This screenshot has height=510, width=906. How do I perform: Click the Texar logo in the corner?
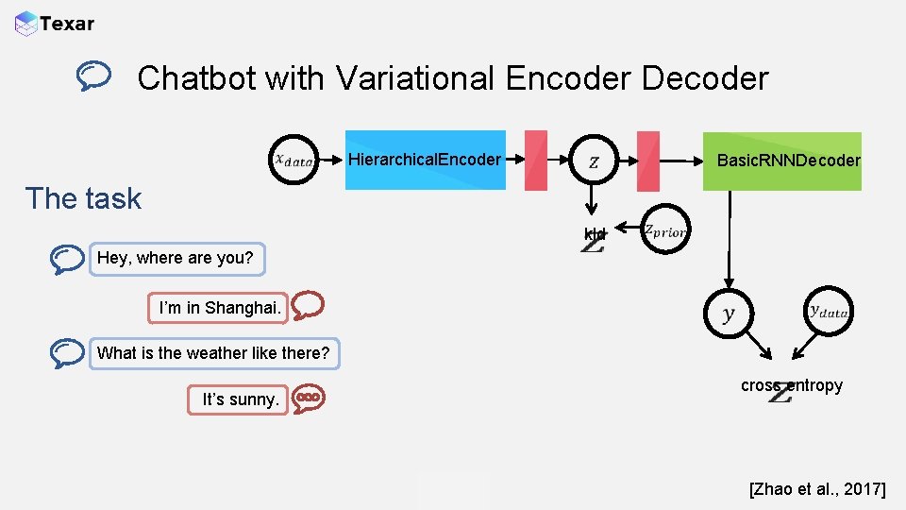pos(55,24)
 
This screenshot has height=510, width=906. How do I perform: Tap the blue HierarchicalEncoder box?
pos(425,160)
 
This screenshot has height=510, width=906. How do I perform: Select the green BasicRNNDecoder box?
pos(782,161)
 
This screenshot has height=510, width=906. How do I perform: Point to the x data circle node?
pos(294,161)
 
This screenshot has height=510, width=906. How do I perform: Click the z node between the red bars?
pos(593,161)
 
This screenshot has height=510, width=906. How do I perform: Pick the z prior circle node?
pos(665,230)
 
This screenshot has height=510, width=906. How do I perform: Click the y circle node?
pos(728,314)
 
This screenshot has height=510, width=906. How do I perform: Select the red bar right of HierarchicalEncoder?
pos(535,161)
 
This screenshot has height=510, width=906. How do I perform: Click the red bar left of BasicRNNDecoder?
pos(648,161)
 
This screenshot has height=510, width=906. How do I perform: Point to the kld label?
pos(594,234)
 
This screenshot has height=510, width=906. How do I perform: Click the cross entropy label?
pos(791,385)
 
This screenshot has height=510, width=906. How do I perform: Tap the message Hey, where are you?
pos(176,258)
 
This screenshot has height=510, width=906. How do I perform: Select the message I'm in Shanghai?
pos(220,308)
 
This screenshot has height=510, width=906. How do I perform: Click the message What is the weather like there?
pos(214,353)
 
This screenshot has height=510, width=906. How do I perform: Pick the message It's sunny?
pos(241,399)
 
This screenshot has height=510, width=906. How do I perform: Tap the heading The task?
pos(83,198)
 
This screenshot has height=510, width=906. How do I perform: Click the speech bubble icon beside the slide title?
pos(95,76)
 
